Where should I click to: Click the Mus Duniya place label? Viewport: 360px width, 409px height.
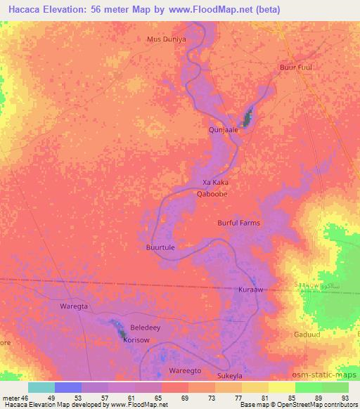166,39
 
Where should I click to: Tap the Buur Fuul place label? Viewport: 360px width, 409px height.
295,67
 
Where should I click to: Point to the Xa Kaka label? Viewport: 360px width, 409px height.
215,182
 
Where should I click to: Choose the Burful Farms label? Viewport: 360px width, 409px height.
238,223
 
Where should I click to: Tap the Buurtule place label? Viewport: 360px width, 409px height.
160,248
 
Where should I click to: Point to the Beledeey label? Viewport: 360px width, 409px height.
146,328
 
